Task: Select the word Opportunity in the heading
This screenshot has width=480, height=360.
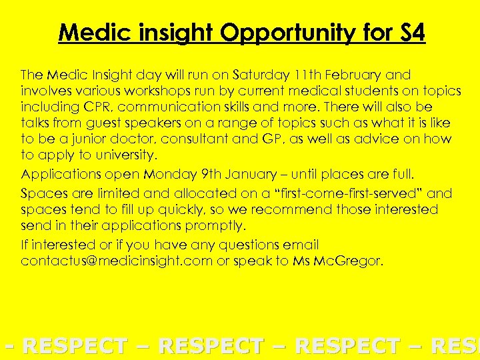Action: (305, 33)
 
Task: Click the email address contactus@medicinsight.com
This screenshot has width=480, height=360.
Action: (116, 261)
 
